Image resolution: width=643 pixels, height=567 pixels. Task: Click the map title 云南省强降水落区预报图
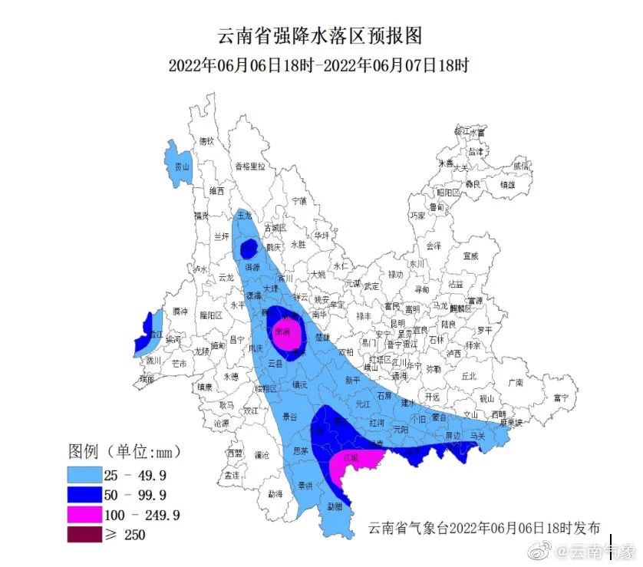(x=321, y=36)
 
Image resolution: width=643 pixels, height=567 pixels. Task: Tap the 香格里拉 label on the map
(x=249, y=166)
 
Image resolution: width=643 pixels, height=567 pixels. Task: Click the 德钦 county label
(x=206, y=141)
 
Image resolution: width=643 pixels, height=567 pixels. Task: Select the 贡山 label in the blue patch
(x=182, y=166)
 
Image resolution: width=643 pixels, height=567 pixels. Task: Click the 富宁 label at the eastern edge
(x=562, y=397)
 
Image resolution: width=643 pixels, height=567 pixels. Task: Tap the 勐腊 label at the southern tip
(x=335, y=506)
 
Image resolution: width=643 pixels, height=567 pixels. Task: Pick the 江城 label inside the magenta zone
(x=352, y=458)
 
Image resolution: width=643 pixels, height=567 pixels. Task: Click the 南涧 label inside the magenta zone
(x=282, y=331)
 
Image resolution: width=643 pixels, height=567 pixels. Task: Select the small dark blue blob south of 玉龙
(x=248, y=249)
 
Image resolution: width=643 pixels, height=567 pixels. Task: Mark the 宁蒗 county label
(x=298, y=200)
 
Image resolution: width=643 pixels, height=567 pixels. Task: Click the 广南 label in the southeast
(x=515, y=382)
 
